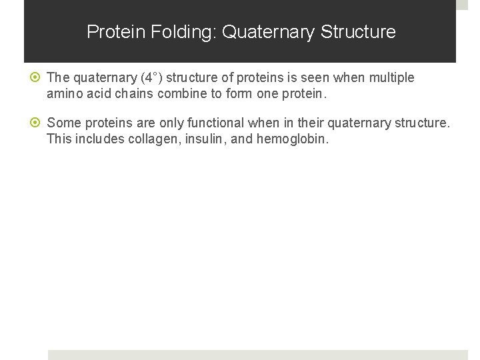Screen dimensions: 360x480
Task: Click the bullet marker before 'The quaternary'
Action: [39, 78]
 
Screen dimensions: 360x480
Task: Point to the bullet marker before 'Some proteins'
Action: [39, 123]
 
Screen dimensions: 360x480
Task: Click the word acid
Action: [97, 94]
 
